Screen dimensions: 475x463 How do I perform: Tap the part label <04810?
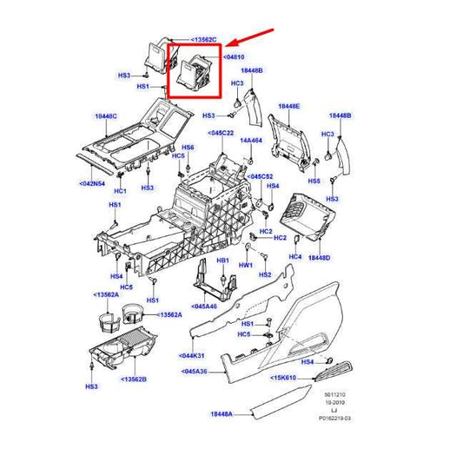(231, 56)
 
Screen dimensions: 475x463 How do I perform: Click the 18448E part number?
(288, 106)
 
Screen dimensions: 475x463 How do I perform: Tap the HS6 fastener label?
(188, 148)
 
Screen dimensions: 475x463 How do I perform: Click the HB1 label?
(222, 260)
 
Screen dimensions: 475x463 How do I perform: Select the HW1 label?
(246, 265)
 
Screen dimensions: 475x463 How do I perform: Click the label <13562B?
(134, 379)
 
